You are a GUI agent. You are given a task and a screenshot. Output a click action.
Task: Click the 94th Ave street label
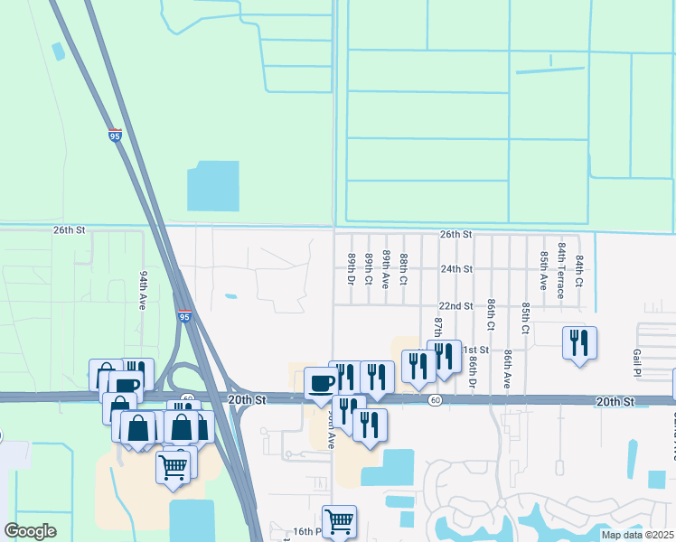tap(143, 289)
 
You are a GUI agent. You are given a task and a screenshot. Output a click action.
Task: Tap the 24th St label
tap(456, 269)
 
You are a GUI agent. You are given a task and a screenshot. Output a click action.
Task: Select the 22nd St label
tap(455, 306)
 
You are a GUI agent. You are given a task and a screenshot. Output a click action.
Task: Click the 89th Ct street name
tap(369, 270)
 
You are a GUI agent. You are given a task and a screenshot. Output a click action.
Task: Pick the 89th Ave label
tap(386, 269)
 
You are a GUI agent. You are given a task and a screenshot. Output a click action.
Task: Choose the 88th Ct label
tap(404, 269)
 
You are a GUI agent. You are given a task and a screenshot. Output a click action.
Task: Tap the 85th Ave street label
tap(544, 269)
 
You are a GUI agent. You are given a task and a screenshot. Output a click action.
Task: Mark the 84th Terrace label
tap(561, 270)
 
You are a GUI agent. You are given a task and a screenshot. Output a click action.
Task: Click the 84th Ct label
tap(578, 270)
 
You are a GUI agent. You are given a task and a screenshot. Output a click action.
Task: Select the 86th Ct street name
tap(491, 314)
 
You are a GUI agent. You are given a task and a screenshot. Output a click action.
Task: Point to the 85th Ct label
tap(525, 317)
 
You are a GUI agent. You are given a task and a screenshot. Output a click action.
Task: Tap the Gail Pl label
tap(637, 364)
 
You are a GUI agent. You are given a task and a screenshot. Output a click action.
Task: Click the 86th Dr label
tap(473, 371)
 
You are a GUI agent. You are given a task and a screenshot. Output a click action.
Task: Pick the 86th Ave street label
tap(508, 369)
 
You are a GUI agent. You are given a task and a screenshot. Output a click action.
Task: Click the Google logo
tap(30, 531)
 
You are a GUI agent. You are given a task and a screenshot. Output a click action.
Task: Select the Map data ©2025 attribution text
tap(636, 535)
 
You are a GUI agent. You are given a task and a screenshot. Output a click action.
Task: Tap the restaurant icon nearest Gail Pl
tap(578, 343)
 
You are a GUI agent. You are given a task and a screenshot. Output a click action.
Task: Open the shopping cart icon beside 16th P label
tap(339, 520)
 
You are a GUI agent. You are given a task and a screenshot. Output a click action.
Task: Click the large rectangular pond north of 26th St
tap(213, 186)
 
